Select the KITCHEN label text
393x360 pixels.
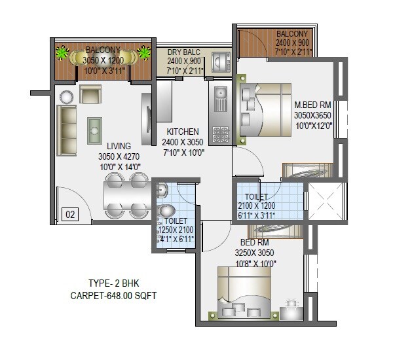coord(183,132)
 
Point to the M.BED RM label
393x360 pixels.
coord(314,105)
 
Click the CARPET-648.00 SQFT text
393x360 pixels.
coord(115,295)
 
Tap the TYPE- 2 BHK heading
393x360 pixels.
coord(114,283)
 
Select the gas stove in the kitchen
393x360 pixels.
coord(221,134)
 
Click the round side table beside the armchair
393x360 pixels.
coord(66,98)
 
